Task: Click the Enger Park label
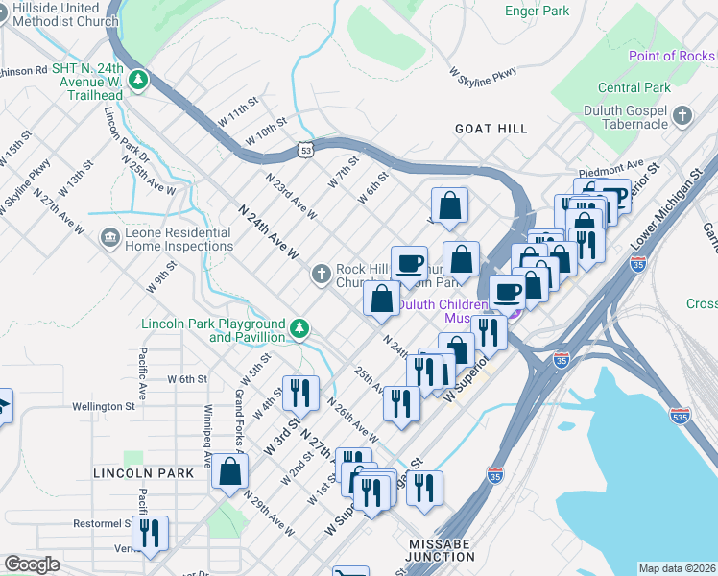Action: [537, 12]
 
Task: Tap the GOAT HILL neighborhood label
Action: [491, 128]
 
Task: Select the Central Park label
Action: [634, 87]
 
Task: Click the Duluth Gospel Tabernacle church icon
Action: [682, 117]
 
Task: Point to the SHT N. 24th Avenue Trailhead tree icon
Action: [139, 79]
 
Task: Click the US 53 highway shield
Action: [305, 150]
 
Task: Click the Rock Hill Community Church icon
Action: [322, 276]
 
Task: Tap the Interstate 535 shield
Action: [681, 418]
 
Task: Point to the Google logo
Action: [32, 564]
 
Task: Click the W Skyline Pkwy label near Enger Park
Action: [484, 72]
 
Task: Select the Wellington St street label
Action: [103, 406]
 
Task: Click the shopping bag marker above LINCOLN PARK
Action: [229, 470]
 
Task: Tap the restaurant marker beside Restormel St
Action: [150, 533]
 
